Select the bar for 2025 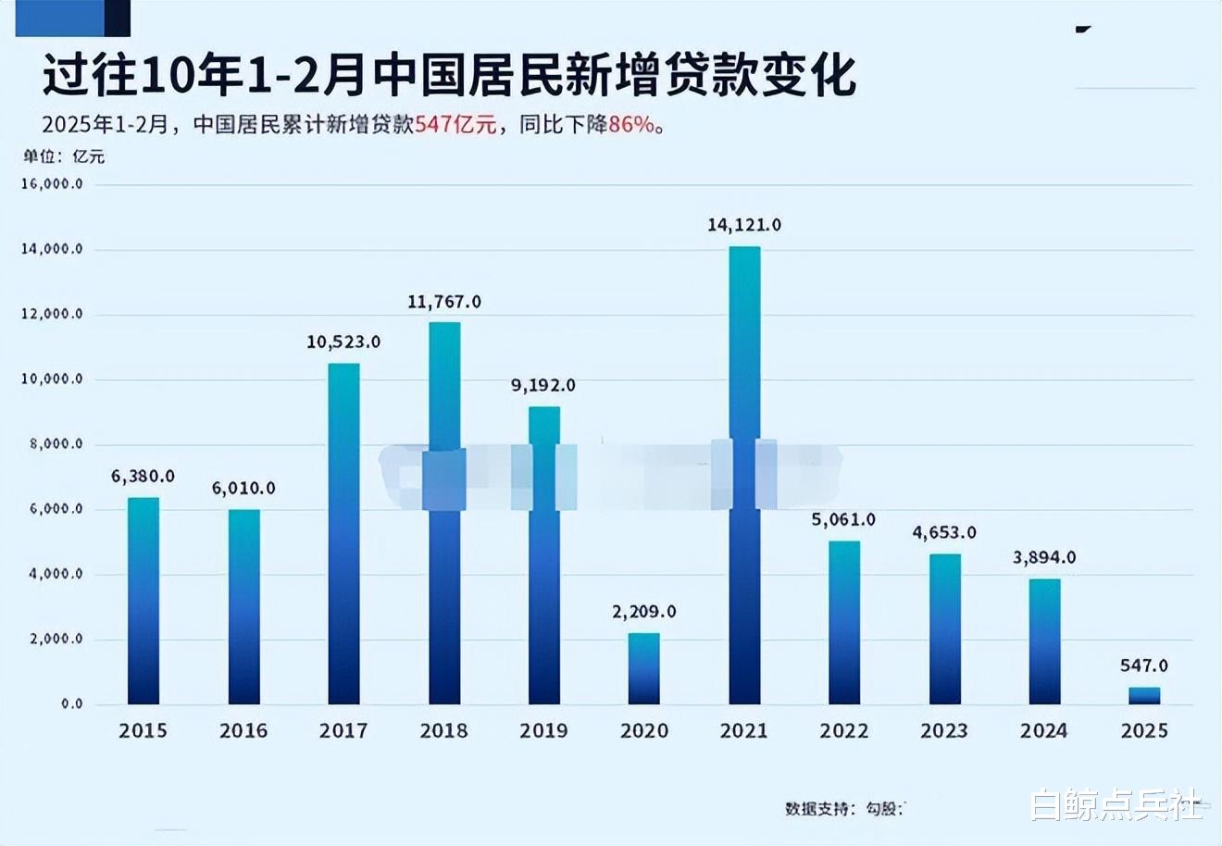(x=1144, y=695)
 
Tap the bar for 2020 (x=644, y=668)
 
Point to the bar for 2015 (x=143, y=601)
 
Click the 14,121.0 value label (x=744, y=225)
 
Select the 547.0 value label (x=1144, y=666)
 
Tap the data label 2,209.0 (x=644, y=612)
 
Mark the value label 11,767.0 (x=444, y=302)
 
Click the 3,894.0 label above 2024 (x=1044, y=557)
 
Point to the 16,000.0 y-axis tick (x=52, y=184)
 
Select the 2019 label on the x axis (x=544, y=730)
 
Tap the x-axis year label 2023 (x=944, y=730)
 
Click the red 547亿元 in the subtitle (x=455, y=124)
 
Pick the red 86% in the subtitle (x=631, y=124)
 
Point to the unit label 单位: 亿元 (x=64, y=156)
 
